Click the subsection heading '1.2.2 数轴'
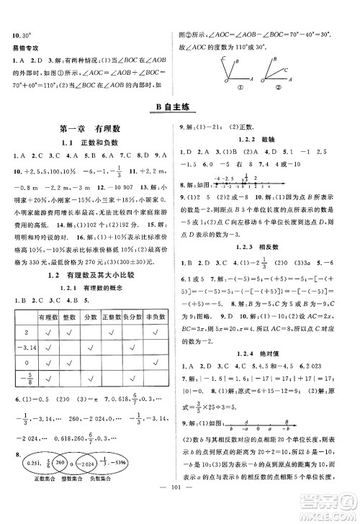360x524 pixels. tap(267, 140)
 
